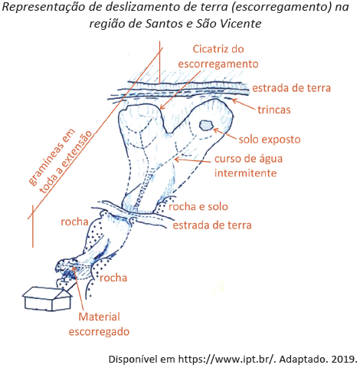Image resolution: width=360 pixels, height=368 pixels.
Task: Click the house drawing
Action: tap(47, 298)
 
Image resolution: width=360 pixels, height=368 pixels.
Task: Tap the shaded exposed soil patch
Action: tap(206, 126)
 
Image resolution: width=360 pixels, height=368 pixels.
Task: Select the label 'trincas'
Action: tap(274, 110)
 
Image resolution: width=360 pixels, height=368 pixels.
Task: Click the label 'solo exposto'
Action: tap(270, 140)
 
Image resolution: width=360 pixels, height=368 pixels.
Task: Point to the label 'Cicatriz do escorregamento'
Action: tap(218, 57)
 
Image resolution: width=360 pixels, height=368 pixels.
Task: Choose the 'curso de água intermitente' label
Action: tap(248, 166)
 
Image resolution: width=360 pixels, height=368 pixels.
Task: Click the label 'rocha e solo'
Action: tap(198, 206)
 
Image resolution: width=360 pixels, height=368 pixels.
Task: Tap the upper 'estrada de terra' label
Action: tap(291, 88)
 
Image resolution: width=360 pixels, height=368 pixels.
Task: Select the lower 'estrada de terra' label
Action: tap(212, 225)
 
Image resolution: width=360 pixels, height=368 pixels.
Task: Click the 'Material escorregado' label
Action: tap(99, 324)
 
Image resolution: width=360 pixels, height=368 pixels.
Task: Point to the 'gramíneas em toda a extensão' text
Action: tap(60, 161)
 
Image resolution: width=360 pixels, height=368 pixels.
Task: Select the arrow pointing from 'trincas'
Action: tap(244, 104)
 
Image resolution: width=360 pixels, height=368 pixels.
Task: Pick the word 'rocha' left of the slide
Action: tap(74, 222)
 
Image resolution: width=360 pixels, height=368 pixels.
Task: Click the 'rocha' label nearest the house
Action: tap(113, 278)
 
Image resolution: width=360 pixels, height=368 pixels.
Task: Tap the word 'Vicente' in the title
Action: tap(241, 24)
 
